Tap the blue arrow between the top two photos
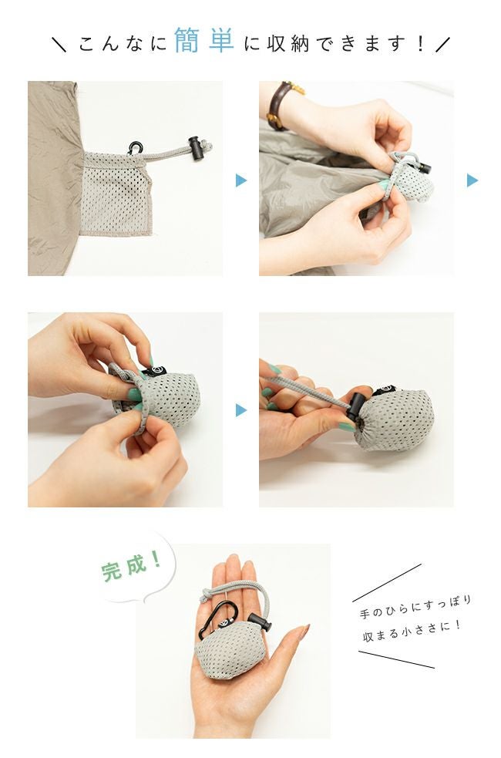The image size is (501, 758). [x=241, y=180]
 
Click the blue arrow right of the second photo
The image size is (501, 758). [x=472, y=180]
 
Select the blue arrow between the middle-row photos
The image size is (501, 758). [x=241, y=410]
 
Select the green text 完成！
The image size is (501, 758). [x=132, y=568]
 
